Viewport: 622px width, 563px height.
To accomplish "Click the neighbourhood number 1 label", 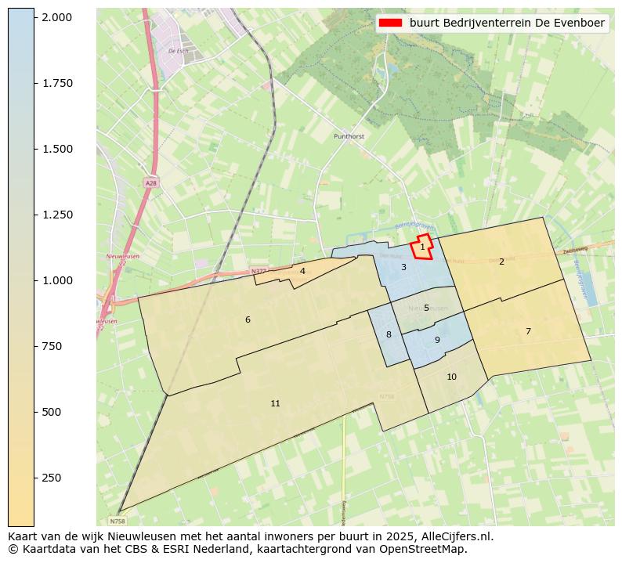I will point(422,247).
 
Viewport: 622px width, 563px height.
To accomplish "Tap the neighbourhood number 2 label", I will point(501,262).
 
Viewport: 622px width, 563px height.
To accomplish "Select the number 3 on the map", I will point(403,267).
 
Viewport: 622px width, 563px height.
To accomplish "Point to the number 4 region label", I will point(302,271).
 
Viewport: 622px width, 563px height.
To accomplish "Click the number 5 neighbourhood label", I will point(426,308).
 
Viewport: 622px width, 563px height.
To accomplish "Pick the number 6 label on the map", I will point(248,319).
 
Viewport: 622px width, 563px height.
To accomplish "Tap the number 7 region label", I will point(528,331).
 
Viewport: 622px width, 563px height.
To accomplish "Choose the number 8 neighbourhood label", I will point(389,334).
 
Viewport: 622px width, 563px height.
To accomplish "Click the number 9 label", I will point(437,340).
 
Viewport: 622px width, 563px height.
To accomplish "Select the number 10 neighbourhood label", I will point(451,377).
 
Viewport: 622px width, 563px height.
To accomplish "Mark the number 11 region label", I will point(275,403).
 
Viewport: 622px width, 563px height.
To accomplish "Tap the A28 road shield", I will point(150,182).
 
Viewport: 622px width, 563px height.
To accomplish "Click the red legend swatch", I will point(391,23).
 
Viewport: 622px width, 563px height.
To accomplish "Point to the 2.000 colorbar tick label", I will point(56,17).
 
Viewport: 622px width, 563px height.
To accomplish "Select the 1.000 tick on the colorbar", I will point(56,280).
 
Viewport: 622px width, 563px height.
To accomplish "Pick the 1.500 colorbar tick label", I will point(56,149).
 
